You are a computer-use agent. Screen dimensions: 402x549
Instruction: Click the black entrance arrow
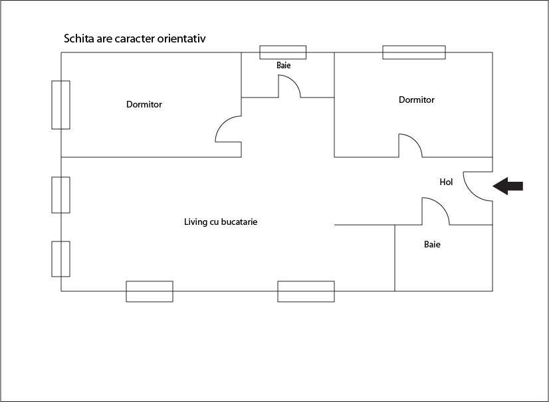(508, 186)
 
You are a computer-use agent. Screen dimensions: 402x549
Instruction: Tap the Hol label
(446, 182)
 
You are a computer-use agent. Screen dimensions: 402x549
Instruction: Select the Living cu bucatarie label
(221, 222)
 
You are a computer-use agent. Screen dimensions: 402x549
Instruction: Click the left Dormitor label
(144, 104)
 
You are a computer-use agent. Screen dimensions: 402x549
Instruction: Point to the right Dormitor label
(417, 100)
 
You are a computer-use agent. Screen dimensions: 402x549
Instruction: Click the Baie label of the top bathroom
(284, 66)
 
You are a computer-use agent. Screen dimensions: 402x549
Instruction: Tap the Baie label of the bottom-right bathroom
(432, 244)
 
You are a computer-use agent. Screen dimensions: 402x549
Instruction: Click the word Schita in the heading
(78, 38)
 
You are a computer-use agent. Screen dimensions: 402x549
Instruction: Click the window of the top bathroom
(282, 52)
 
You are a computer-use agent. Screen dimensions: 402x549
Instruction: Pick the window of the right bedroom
(413, 52)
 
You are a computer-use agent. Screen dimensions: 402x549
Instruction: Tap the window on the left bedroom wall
(61, 105)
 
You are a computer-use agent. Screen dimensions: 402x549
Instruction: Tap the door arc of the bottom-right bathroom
(437, 210)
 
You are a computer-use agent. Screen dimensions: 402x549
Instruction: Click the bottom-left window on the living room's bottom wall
(150, 291)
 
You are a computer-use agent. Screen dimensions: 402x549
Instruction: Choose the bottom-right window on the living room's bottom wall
(306, 291)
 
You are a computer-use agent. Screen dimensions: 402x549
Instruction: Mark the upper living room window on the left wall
(61, 195)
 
